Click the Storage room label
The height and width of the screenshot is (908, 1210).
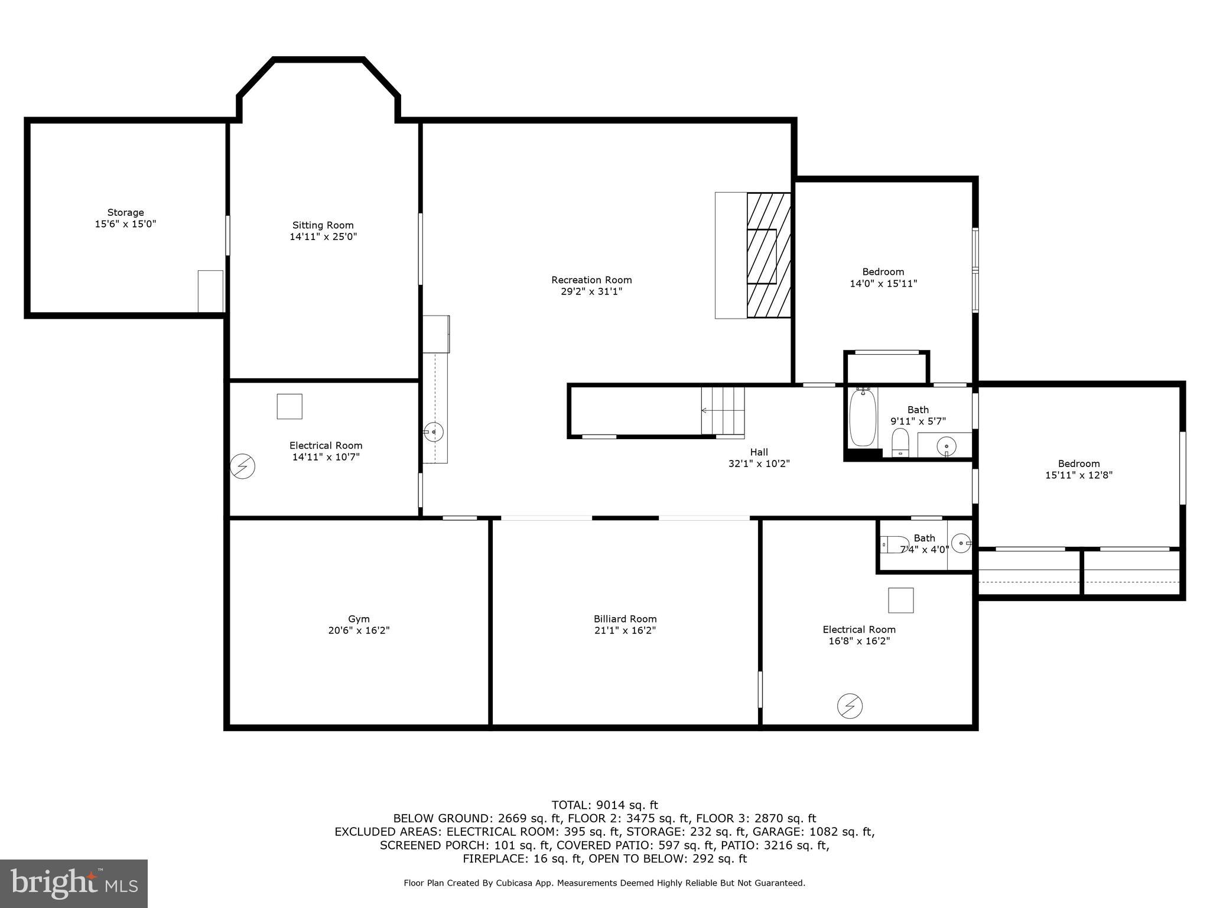point(125,213)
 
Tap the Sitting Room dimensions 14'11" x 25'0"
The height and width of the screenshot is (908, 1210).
point(323,237)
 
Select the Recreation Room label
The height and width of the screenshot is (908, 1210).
point(591,280)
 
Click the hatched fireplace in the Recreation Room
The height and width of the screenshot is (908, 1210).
point(769,255)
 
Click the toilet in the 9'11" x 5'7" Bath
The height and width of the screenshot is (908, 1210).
point(900,442)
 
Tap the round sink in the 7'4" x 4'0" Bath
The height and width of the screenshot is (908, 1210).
point(961,542)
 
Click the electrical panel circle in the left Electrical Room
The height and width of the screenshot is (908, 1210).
point(242,466)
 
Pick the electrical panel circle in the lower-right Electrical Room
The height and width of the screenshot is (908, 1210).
point(850,706)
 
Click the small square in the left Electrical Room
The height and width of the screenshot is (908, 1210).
point(290,407)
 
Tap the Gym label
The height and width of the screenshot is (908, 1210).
point(359,620)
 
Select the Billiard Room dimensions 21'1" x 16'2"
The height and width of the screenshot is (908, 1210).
point(625,631)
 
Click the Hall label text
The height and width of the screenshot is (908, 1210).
point(759,452)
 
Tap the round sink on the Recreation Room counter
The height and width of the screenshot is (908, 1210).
point(434,432)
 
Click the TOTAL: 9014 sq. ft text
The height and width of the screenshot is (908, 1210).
point(604,805)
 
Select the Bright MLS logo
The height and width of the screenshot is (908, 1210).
point(74,884)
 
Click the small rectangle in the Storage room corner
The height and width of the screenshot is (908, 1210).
point(210,291)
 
